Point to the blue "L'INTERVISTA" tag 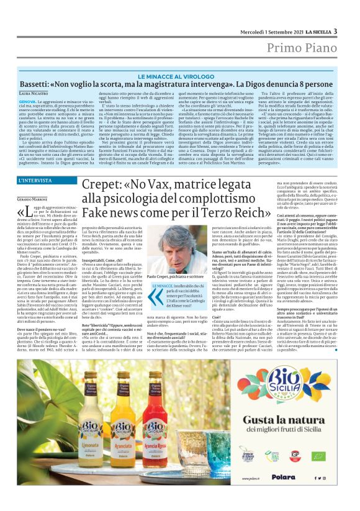[36, 181]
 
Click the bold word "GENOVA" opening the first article [27, 101]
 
